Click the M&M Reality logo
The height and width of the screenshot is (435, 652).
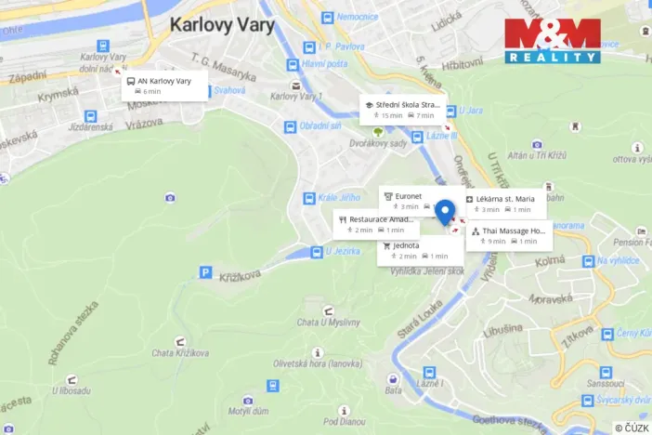pyautogui.click(x=552, y=41)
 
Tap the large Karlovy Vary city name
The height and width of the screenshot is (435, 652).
pyautogui.click(x=220, y=24)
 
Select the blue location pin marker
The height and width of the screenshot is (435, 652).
pyautogui.click(x=445, y=213)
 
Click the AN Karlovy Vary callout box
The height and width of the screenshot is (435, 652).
pyautogui.click(x=162, y=86)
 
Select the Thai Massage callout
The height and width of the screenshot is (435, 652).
pyautogui.click(x=508, y=235)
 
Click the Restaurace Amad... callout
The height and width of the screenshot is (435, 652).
pyautogui.click(x=376, y=224)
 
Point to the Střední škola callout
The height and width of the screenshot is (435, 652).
pyautogui.click(x=402, y=110)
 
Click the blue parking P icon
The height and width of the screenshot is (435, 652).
pyautogui.click(x=205, y=272)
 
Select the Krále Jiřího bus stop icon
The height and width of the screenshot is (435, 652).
pyautogui.click(x=308, y=198)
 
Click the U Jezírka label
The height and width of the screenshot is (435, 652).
pyautogui.click(x=342, y=251)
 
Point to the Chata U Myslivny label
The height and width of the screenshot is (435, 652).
pyautogui.click(x=328, y=322)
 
